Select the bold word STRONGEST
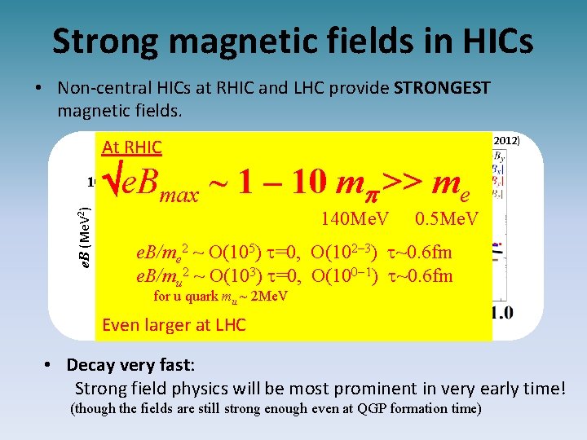click(443, 87)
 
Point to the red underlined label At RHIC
click(132, 147)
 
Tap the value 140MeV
click(355, 219)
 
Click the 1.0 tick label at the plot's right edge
click(500, 313)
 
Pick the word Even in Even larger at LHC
click(121, 326)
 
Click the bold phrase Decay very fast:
click(131, 365)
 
